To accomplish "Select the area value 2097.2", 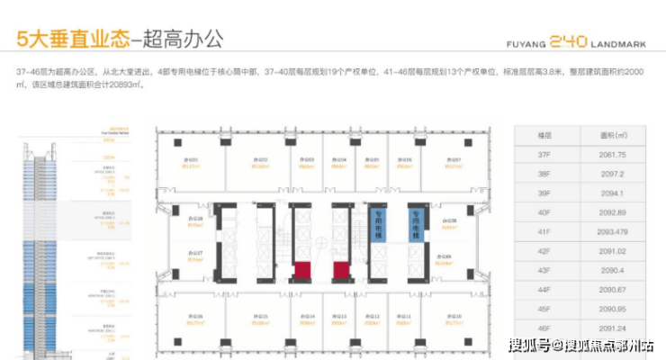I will coord(611,175).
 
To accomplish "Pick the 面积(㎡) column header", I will coord(611,136).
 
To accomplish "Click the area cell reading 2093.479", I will coord(611,232).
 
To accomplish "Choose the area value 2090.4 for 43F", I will coord(611,270).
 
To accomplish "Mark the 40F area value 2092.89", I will coord(611,213).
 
